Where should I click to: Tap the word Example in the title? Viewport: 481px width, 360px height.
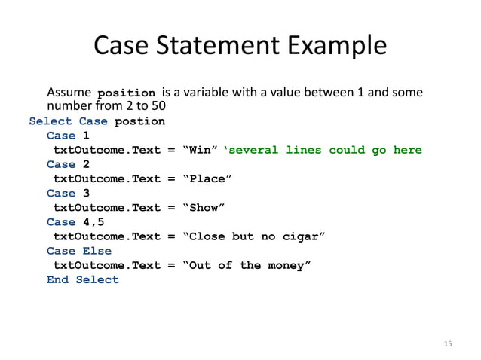pyautogui.click(x=328, y=46)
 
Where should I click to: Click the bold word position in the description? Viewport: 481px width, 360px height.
pyautogui.click(x=127, y=93)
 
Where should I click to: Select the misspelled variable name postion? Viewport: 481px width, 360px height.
pyautogui.click(x=139, y=121)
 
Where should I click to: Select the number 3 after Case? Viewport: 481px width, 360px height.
pyautogui.click(x=86, y=193)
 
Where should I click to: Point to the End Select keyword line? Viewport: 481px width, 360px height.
pyautogui.click(x=83, y=279)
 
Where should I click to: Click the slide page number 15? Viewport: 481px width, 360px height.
pyautogui.click(x=448, y=343)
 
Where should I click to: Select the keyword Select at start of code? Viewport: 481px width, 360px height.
pyautogui.click(x=51, y=121)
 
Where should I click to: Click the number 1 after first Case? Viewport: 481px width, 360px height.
pyautogui.click(x=86, y=136)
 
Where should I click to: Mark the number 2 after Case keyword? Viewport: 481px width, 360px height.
pyautogui.click(x=86, y=164)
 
